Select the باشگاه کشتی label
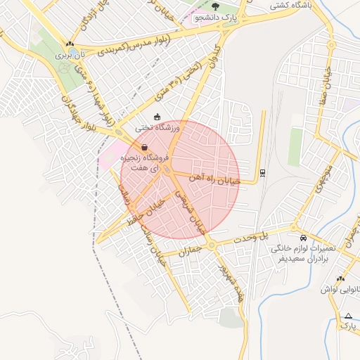click(x=295, y=4)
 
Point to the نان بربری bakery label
click(x=70, y=53)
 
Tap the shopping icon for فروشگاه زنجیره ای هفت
click(x=144, y=148)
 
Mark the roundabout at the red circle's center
click(x=169, y=171)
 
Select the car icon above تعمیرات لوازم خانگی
click(x=302, y=238)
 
